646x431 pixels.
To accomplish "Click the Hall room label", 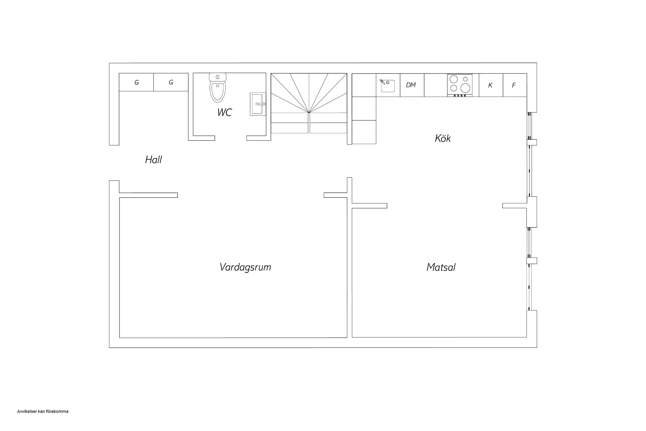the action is (153, 160).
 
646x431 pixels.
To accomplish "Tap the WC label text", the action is (224, 112).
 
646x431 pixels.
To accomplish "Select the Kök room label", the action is (443, 138).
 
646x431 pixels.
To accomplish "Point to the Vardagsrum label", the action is (245, 267).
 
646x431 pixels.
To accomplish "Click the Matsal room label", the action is (441, 267).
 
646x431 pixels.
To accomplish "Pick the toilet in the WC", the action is (218, 88).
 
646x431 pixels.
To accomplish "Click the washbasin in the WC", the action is (258, 104).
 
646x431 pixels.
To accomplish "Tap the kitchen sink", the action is (388, 86).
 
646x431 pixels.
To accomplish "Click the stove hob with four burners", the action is (460, 85).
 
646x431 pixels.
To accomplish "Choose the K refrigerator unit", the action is (491, 85).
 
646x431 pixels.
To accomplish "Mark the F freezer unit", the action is (515, 85).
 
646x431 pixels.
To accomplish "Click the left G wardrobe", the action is (136, 82).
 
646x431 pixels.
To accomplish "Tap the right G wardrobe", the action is (171, 82).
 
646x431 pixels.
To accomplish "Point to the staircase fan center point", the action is (309, 112).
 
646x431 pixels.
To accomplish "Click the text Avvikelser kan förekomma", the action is (43, 411).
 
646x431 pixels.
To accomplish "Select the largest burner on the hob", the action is (465, 88).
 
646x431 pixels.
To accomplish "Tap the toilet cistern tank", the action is (218, 77).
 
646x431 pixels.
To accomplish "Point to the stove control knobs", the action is (460, 95).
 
